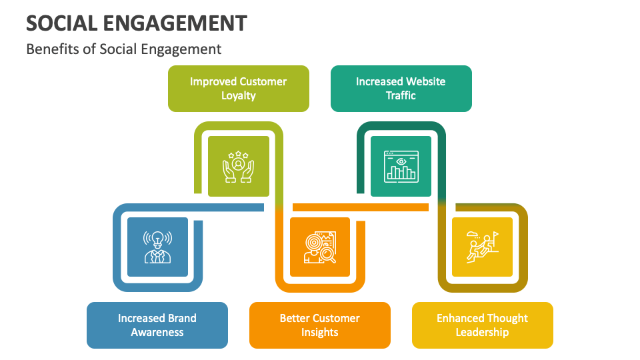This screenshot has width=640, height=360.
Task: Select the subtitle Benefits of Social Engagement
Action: (124, 49)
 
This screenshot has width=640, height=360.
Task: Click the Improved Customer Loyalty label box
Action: (238, 88)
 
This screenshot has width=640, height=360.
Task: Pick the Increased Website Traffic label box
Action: (401, 88)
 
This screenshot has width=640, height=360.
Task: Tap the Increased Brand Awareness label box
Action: (157, 325)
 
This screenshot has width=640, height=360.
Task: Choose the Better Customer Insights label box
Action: (320, 325)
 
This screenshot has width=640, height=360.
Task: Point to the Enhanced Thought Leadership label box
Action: (482, 325)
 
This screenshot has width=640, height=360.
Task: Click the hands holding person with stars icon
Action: (238, 167)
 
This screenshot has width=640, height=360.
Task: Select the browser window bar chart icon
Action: (401, 167)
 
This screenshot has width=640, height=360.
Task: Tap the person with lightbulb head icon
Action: (157, 247)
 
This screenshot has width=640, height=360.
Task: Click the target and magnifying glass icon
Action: (320, 247)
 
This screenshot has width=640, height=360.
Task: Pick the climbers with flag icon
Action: (482, 247)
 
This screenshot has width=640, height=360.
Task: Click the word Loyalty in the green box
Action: (238, 95)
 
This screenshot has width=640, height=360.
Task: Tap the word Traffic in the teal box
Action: (401, 95)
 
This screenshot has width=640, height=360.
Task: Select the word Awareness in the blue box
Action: (157, 333)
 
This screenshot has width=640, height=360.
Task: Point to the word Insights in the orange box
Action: (320, 333)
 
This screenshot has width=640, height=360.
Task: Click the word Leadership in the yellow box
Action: (482, 333)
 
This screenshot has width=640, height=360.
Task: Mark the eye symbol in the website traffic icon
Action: (401, 161)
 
